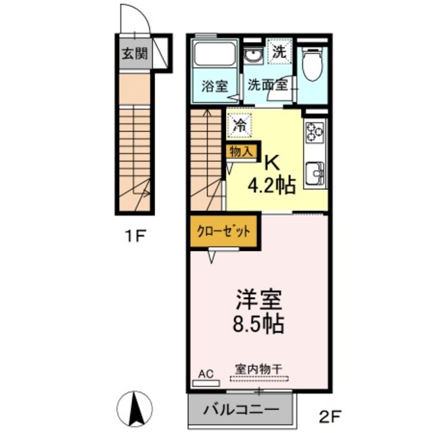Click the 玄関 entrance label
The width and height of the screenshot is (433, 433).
pyautogui.click(x=134, y=54)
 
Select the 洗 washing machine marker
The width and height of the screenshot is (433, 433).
pyautogui.click(x=279, y=51)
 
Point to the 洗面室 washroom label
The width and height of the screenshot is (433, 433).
pyautogui.click(x=267, y=85)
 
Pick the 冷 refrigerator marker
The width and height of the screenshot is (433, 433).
pyautogui.click(x=240, y=124)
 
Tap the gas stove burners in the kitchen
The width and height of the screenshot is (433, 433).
pyautogui.click(x=315, y=130)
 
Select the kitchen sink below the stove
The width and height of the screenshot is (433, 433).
pyautogui.click(x=314, y=175)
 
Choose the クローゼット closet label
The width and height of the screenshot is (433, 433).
pyautogui.click(x=223, y=230)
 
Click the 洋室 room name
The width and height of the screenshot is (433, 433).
pyautogui.click(x=258, y=299)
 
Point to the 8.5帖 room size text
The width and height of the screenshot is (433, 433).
pyautogui.click(x=258, y=323)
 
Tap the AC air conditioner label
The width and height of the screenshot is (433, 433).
pyautogui.click(x=203, y=373)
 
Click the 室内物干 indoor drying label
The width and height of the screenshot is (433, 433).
pyautogui.click(x=258, y=369)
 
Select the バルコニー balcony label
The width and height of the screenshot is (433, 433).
pyautogui.click(x=242, y=410)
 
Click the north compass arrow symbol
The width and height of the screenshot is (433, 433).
pyautogui.click(x=134, y=407)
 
